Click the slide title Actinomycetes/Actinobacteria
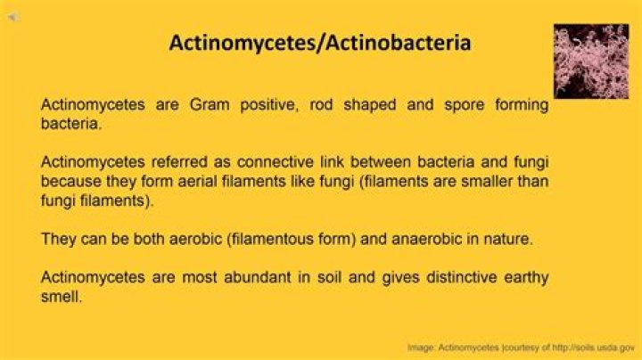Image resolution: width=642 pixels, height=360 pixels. tap(320, 43)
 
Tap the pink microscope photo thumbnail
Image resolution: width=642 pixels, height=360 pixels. tap(591, 61)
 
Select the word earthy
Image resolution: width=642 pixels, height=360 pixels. tap(525, 277)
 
